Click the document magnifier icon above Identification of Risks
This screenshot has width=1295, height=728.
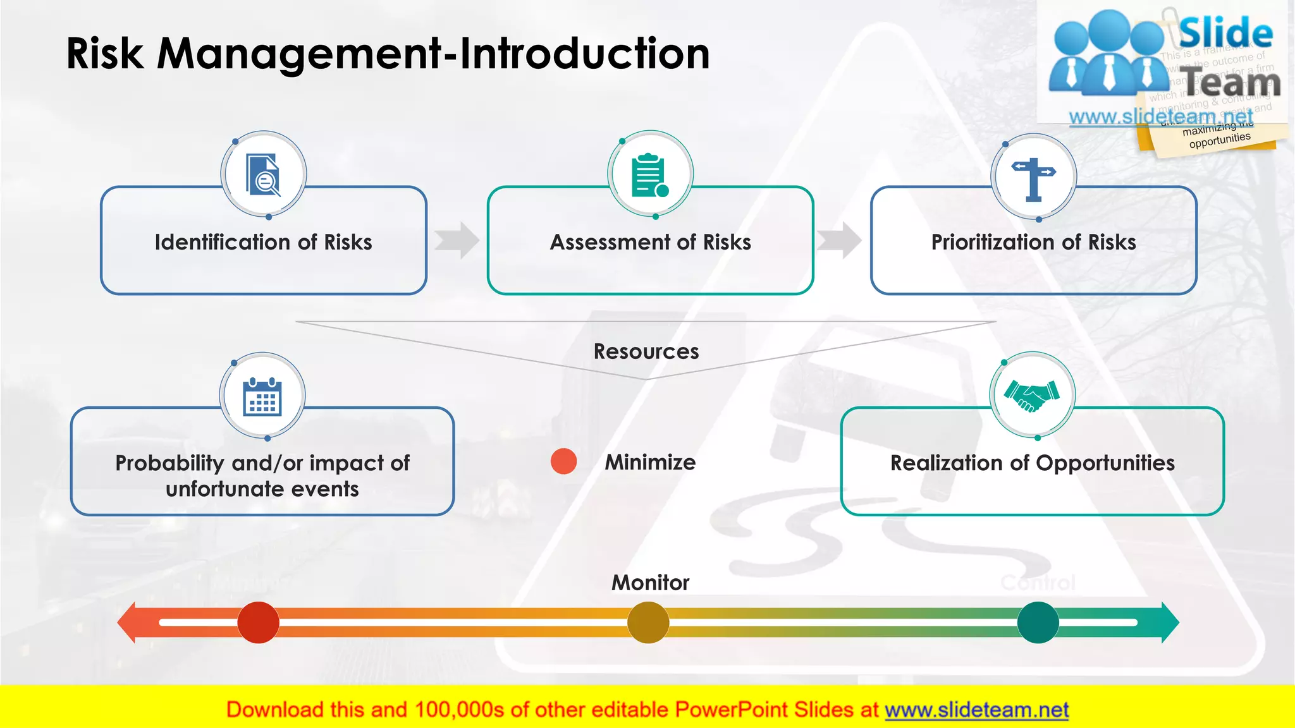[263, 174]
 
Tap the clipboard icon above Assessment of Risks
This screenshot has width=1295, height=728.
[650, 174]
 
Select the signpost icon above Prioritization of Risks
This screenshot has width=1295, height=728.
[1033, 178]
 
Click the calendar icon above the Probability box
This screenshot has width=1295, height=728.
[262, 396]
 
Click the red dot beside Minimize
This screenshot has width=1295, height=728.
[563, 461]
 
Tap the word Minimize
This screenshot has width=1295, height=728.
[650, 462]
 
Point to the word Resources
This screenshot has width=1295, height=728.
[646, 351]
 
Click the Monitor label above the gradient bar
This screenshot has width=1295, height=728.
[650, 582]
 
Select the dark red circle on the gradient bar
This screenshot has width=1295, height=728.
[258, 622]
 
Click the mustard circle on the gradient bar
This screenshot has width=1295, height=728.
[648, 622]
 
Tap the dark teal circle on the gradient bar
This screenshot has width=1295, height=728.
[1038, 622]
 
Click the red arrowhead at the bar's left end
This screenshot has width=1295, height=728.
[128, 622]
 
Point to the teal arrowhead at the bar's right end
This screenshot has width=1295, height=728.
[1170, 622]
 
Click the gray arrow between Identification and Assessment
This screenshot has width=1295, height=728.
[457, 240]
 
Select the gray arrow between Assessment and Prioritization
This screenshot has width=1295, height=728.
[839, 240]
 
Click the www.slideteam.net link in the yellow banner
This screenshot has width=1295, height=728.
[976, 710]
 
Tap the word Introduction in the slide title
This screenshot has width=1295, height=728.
[584, 53]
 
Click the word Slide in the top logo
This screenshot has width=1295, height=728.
[1225, 33]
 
